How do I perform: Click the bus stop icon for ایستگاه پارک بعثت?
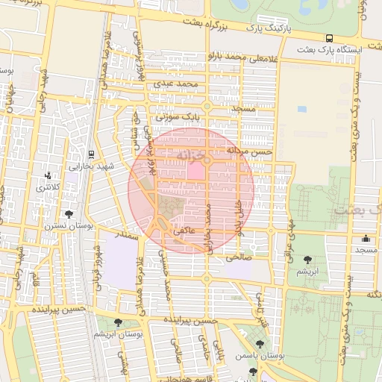click(329, 38)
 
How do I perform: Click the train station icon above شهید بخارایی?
click(91, 154)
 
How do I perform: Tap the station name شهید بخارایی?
click(90, 167)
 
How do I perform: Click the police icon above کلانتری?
click(48, 176)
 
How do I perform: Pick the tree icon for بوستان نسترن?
click(69, 214)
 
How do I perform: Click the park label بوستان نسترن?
click(60, 225)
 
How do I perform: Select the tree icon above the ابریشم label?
click(307, 260)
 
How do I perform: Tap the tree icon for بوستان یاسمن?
click(259, 344)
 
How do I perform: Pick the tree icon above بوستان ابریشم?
click(119, 322)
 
